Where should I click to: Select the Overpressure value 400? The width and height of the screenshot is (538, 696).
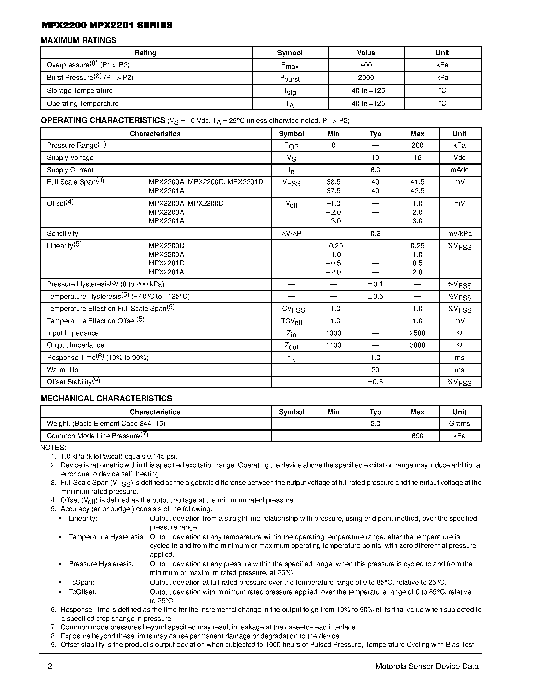tap(366, 65)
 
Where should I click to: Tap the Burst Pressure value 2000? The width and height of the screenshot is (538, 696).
tap(366, 78)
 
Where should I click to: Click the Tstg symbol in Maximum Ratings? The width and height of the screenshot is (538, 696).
tap(290, 91)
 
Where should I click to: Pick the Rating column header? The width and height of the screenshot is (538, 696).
tap(145, 53)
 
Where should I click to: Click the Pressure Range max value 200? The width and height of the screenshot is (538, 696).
tap(417, 145)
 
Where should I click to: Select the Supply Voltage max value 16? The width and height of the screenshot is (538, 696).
tap(417, 158)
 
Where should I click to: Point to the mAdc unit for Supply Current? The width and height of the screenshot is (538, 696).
tap(459, 170)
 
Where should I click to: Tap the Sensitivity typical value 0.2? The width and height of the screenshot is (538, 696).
tap(375, 234)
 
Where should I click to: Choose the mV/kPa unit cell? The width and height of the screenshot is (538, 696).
tap(459, 234)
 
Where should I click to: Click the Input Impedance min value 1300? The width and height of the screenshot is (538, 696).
tap(333, 333)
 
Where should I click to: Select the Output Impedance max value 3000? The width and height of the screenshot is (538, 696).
tap(417, 345)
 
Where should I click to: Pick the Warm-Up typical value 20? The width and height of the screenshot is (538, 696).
tap(375, 370)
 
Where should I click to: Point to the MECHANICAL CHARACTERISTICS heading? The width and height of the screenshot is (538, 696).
tap(106, 398)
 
